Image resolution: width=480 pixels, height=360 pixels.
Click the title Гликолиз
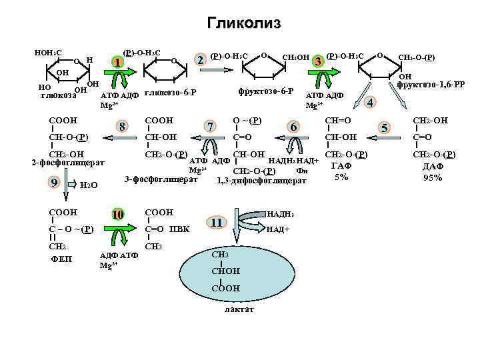[244, 24]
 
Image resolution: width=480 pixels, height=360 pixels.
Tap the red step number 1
[117, 63]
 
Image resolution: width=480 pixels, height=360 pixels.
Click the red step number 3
[319, 61]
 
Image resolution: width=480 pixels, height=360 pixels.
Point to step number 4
[371, 101]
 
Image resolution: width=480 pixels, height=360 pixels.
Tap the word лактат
[239, 310]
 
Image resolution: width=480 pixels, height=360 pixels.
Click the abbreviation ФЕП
[61, 259]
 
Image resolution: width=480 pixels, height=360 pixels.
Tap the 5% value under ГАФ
[341, 177]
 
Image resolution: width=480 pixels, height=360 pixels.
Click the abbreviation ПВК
[179, 230]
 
